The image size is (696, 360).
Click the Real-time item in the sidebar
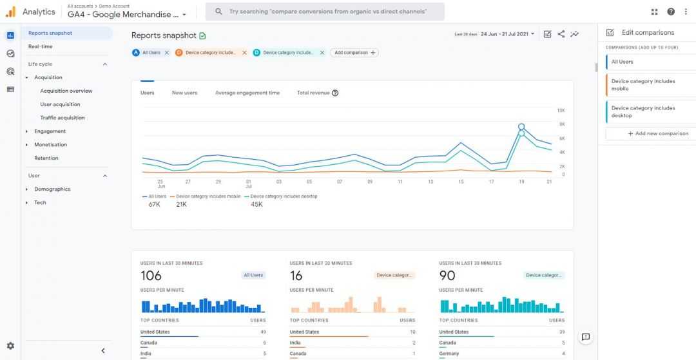click(x=41, y=46)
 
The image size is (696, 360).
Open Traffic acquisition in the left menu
click(x=63, y=118)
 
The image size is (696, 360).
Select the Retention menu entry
click(x=46, y=158)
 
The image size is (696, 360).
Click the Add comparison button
click(x=354, y=53)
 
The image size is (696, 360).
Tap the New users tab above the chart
click(x=184, y=93)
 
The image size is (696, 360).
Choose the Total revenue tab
click(x=313, y=93)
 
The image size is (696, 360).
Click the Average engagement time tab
click(x=247, y=93)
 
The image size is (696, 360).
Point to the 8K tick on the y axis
click(x=561, y=124)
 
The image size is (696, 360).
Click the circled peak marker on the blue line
click(x=521, y=127)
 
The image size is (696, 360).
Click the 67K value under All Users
click(x=154, y=204)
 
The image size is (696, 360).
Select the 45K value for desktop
click(x=256, y=204)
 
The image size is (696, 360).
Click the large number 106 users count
click(x=151, y=276)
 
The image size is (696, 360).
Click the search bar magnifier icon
click(x=219, y=12)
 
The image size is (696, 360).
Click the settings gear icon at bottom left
click(x=10, y=346)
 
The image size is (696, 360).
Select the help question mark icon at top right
click(x=671, y=12)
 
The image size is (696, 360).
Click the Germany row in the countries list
click(x=449, y=354)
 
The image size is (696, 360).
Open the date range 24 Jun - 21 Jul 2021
click(x=507, y=34)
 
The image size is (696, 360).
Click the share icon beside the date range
click(x=561, y=34)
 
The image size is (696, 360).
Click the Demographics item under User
click(x=52, y=189)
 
